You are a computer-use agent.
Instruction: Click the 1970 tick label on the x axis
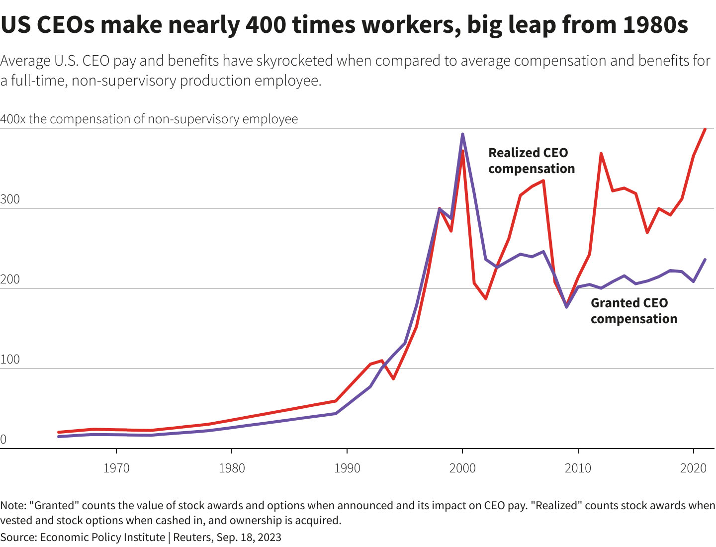(x=116, y=468)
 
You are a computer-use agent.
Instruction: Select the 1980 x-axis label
(x=232, y=468)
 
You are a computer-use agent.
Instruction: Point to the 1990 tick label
(x=347, y=468)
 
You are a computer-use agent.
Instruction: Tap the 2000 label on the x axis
(x=462, y=468)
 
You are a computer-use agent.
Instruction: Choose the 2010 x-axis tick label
(x=578, y=468)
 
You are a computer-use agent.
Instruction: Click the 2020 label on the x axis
(x=693, y=468)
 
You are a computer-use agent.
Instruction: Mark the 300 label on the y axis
(x=10, y=199)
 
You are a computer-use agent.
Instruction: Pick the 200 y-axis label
(x=10, y=279)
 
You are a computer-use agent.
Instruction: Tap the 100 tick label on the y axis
(x=10, y=360)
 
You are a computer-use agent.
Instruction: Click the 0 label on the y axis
(x=3, y=440)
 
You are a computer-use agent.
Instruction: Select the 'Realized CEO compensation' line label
(x=531, y=161)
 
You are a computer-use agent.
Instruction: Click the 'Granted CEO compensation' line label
(x=633, y=311)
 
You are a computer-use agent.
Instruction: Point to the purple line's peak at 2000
(x=462, y=134)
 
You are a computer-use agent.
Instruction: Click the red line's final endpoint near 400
(x=705, y=129)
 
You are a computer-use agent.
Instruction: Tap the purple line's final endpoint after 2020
(x=705, y=260)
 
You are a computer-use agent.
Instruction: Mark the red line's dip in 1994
(x=393, y=379)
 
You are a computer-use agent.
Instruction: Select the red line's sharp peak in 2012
(x=601, y=154)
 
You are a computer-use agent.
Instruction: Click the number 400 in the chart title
(x=265, y=25)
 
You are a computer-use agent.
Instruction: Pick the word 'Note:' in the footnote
(x=13, y=506)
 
